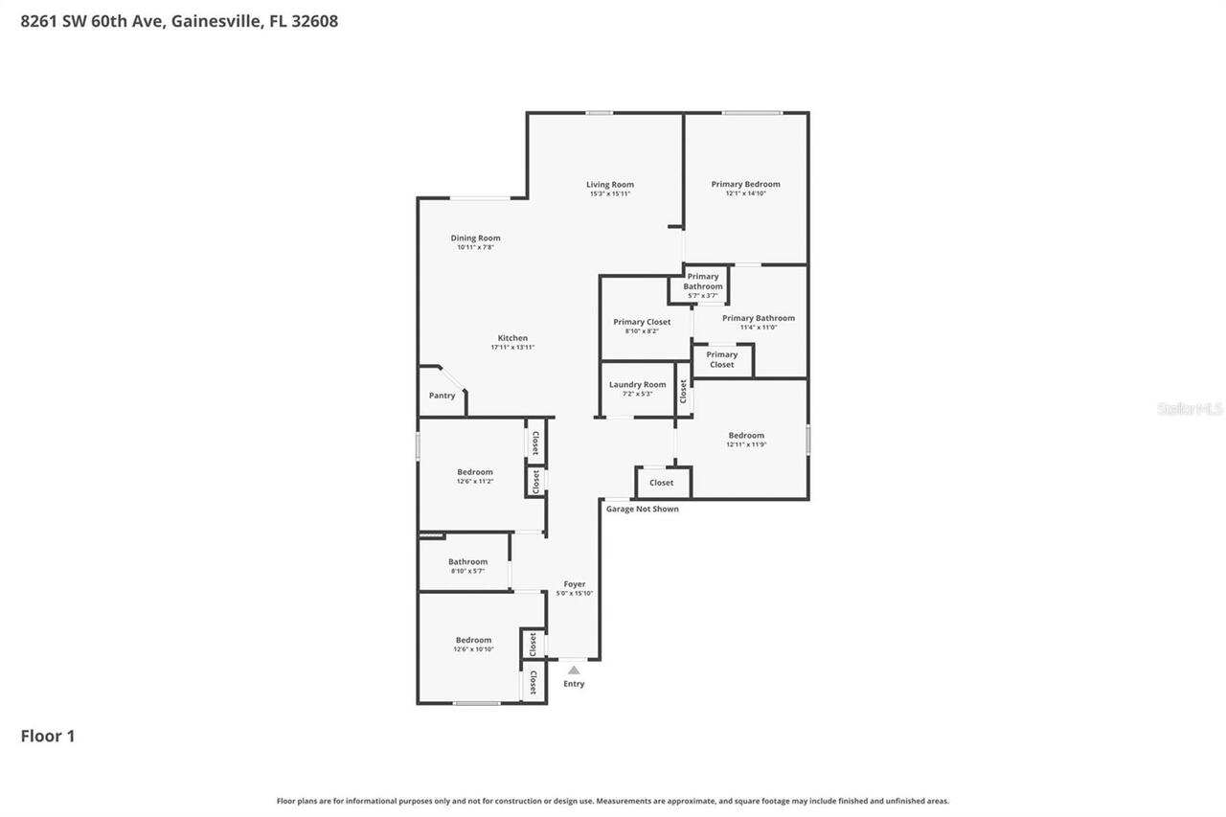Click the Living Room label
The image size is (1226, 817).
(x=610, y=185)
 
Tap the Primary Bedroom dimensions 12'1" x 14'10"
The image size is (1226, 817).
(x=745, y=193)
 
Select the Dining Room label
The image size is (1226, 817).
(x=475, y=238)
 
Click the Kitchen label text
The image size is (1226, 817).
(x=512, y=338)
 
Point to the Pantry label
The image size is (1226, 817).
(x=442, y=396)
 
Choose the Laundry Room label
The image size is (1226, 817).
(x=637, y=385)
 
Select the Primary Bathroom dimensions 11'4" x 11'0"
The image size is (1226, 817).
(x=758, y=328)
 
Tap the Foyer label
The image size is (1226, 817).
(x=574, y=584)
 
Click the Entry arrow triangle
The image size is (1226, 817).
(x=574, y=670)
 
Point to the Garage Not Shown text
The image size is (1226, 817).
(x=642, y=509)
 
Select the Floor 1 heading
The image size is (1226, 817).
(x=48, y=736)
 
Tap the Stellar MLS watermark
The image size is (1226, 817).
(x=1190, y=409)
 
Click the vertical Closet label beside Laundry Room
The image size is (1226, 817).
(x=683, y=390)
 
